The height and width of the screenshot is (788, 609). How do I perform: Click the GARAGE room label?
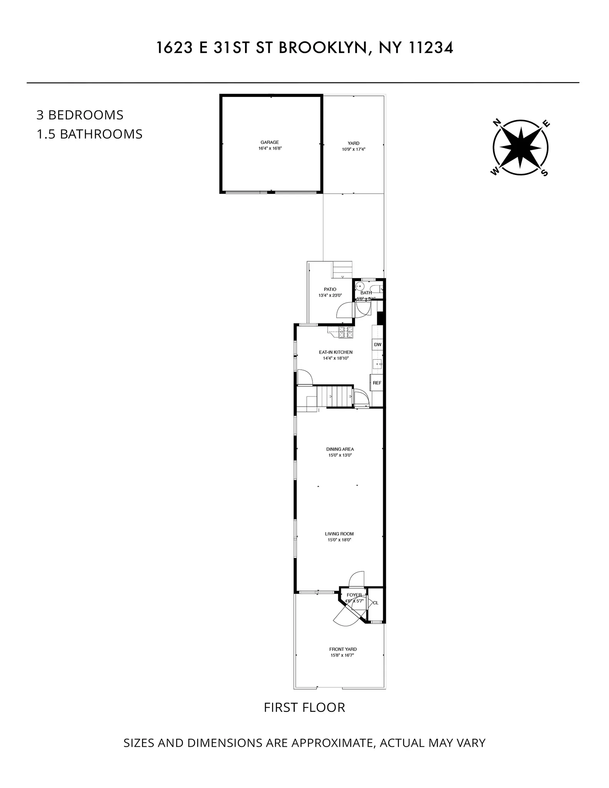click(x=269, y=142)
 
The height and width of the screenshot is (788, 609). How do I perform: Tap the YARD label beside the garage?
click(x=354, y=144)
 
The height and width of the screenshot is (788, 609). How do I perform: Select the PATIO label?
click(x=330, y=289)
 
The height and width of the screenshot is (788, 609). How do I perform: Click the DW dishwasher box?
click(x=377, y=344)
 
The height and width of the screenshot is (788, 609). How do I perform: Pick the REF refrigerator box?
click(x=377, y=383)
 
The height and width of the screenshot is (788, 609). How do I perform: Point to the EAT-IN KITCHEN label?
click(x=335, y=352)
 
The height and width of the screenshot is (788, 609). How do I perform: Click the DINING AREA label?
click(x=340, y=449)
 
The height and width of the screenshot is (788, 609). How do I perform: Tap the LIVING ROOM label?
click(x=339, y=534)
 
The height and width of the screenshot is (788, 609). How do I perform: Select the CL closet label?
click(x=375, y=603)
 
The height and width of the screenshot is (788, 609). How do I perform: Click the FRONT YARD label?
click(x=343, y=649)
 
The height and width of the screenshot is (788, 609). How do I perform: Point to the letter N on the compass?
click(x=497, y=123)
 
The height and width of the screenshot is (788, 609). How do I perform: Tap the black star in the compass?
click(x=521, y=148)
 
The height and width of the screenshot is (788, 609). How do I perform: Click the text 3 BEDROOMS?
click(x=80, y=115)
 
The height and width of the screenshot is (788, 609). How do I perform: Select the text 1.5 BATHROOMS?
click(x=90, y=134)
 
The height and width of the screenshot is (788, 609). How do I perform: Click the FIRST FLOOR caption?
click(x=304, y=708)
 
